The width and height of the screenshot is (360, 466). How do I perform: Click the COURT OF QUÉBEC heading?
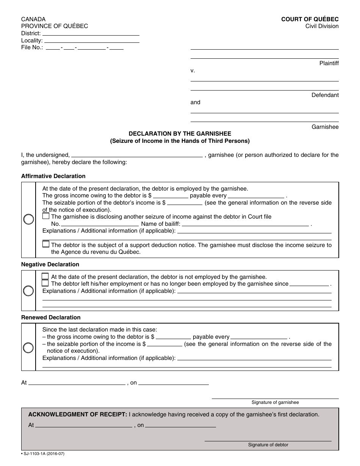(310, 19)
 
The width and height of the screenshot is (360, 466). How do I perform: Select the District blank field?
(91, 33)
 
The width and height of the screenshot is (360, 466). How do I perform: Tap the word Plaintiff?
(329, 63)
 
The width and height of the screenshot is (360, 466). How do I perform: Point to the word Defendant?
(325, 95)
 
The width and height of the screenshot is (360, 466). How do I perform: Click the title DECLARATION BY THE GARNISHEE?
(180, 134)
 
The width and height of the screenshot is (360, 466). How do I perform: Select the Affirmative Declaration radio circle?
(29, 219)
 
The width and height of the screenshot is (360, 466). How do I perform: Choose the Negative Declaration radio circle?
(29, 291)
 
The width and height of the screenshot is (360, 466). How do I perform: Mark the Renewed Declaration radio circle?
(29, 347)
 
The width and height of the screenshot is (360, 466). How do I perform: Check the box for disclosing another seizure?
(46, 216)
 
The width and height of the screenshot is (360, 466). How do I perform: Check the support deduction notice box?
(46, 244)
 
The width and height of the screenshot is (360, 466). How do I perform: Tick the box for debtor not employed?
(45, 276)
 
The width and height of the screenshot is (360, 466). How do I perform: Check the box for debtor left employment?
(45, 283)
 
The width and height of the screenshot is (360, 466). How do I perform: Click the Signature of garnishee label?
(275, 402)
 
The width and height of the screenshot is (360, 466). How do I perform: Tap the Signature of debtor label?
(268, 445)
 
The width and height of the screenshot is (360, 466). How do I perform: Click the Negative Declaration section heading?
(50, 264)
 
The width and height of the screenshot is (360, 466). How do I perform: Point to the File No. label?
(32, 48)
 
